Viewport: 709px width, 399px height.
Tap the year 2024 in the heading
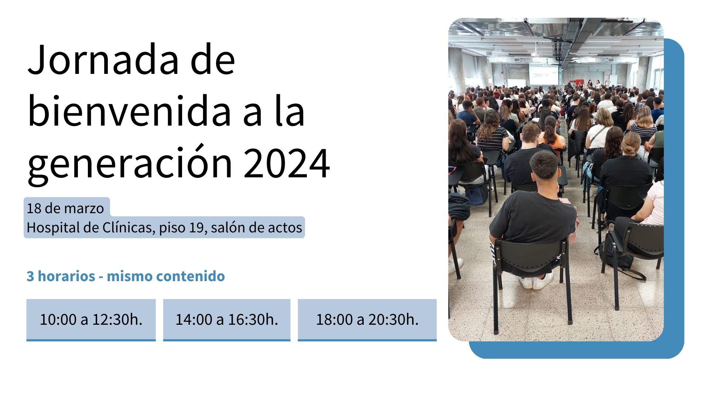[x=287, y=163]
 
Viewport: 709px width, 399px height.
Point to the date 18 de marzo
[x=65, y=208]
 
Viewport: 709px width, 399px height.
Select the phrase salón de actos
[x=257, y=228]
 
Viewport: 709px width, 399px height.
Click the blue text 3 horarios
[x=61, y=276]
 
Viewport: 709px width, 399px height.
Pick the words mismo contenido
[x=166, y=276]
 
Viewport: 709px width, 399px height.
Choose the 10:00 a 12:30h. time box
[x=91, y=320]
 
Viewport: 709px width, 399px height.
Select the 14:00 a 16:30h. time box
[x=227, y=320]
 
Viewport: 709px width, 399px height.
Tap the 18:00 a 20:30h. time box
[x=367, y=320]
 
